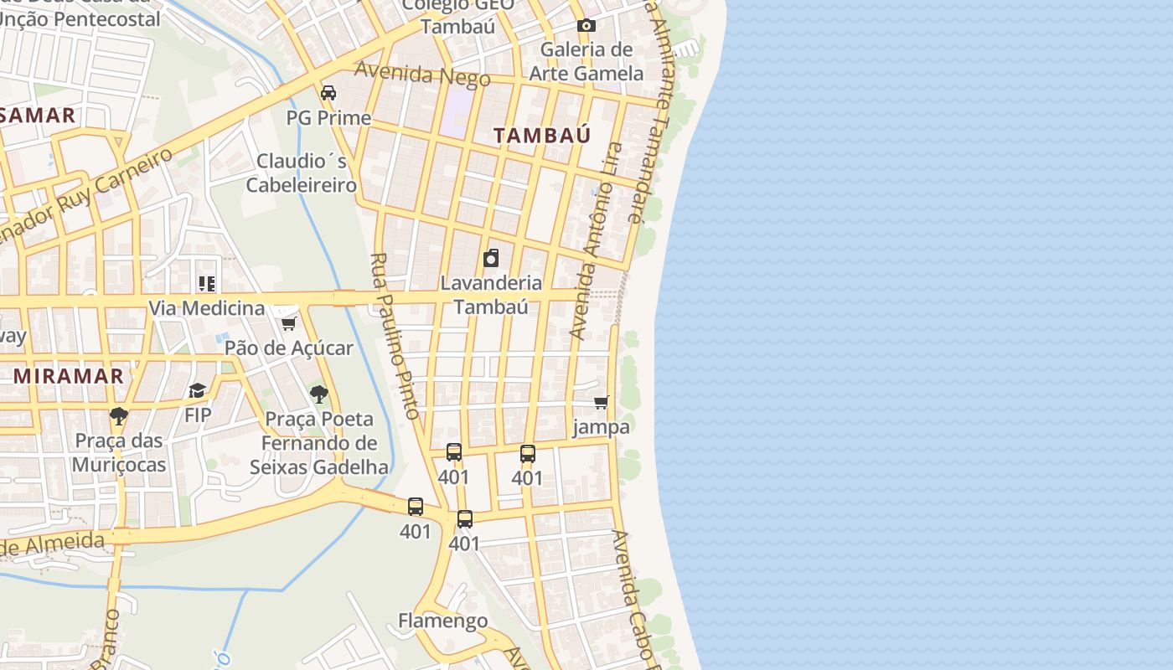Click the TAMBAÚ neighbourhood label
[541, 135]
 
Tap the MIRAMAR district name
[69, 376]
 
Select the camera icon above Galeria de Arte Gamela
[586, 26]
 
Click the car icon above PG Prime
[328, 92]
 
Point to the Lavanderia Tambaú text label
[491, 295]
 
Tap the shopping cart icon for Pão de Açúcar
[289, 323]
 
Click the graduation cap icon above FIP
[198, 390]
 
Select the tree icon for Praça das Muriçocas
[119, 415]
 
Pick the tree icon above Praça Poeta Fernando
[318, 394]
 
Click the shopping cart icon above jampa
[601, 403]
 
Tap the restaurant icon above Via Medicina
[206, 284]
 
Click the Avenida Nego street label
[422, 74]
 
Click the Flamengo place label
[442, 621]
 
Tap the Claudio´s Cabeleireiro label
[302, 173]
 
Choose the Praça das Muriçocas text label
[119, 452]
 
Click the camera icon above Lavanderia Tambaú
[491, 258]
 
